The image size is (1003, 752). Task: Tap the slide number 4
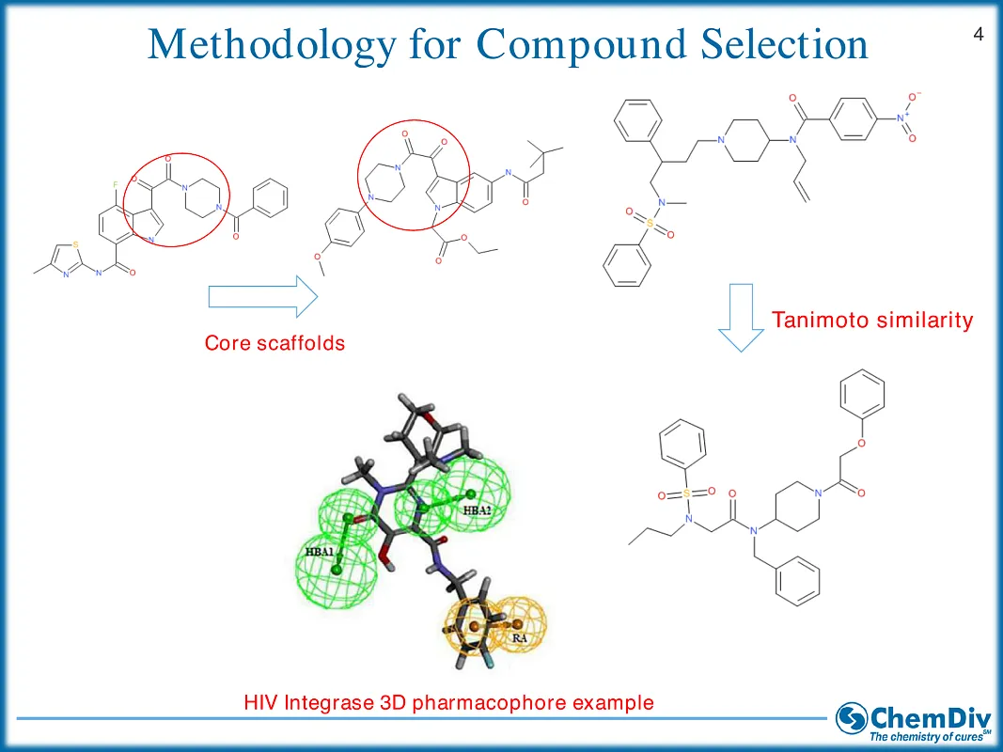979,35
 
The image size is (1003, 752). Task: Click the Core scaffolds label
274,343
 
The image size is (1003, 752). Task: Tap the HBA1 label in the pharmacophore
320,552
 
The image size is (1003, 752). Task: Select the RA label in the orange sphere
519,637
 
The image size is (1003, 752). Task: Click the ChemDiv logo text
929,716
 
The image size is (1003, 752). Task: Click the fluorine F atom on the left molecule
117,186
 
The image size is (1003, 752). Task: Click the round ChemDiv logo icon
853,719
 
